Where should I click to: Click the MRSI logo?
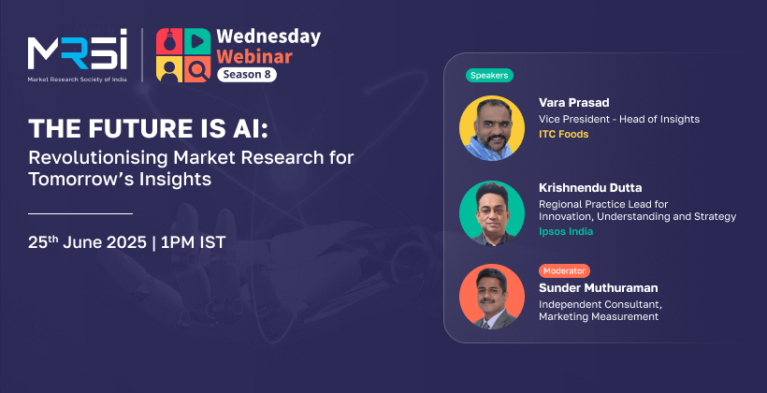click(x=78, y=55)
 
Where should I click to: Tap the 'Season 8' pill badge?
click(x=247, y=75)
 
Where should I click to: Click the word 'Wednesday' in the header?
click(x=268, y=37)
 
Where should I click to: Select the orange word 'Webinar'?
click(x=254, y=56)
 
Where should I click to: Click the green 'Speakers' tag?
click(x=489, y=76)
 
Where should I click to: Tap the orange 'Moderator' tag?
click(x=564, y=270)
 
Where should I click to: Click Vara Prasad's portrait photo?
click(x=492, y=128)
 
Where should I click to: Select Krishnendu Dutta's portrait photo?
click(x=492, y=213)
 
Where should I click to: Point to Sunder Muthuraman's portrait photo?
click(x=492, y=297)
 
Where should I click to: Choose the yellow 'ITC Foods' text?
click(x=563, y=134)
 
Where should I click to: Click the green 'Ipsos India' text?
click(x=566, y=231)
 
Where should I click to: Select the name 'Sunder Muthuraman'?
click(x=599, y=288)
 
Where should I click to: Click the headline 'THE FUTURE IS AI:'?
click(x=149, y=129)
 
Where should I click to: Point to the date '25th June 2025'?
click(x=87, y=241)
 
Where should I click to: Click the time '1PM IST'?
click(x=194, y=242)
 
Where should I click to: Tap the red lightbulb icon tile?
click(x=169, y=41)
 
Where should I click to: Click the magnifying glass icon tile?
click(x=197, y=69)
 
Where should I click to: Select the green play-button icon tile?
click(x=197, y=41)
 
